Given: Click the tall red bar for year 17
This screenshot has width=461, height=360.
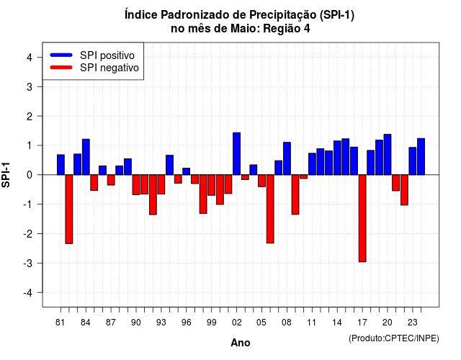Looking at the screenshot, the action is point(362,218).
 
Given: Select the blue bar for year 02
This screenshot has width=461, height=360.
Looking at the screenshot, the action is point(237,153).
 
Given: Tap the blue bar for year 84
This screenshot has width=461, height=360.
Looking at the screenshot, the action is point(86,157).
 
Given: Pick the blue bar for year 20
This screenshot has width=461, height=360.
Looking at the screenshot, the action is point(388,155).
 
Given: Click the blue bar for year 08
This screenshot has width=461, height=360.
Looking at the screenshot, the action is point(287,158).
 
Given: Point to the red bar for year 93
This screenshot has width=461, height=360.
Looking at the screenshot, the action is point(161,184).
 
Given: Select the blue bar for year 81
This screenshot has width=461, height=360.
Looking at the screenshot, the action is point(61,165).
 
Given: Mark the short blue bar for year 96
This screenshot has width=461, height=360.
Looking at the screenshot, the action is point(187,171).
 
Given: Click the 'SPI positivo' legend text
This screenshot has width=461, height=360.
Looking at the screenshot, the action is point(107,55).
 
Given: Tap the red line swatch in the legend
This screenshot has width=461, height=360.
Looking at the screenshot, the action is point(61,68).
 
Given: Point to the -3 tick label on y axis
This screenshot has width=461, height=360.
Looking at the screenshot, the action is point(27,263).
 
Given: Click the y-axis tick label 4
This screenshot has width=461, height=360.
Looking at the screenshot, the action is point(30,58).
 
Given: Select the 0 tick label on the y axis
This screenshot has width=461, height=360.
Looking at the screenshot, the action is point(30,175).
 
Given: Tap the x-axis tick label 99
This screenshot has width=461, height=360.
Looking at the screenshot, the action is point(211,323).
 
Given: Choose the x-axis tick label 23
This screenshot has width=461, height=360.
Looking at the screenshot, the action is point(413,323).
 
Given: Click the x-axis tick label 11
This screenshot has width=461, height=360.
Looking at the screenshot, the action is point(312,323).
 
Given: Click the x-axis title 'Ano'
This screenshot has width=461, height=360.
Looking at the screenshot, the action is point(241,343).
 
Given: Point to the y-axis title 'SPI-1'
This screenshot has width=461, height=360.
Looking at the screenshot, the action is point(6,175).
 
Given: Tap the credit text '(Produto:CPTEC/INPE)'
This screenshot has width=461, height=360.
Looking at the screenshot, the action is point(394,338).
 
